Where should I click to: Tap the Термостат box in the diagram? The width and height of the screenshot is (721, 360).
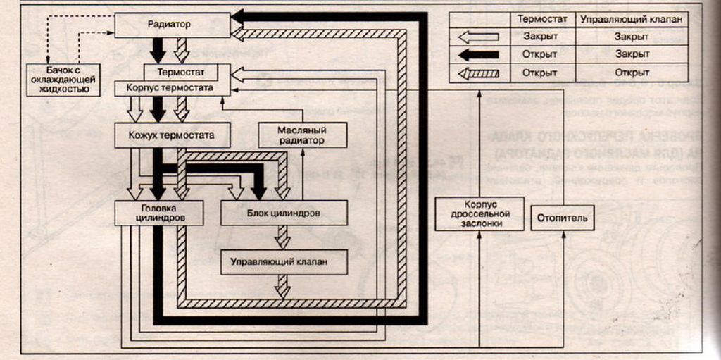(x=187, y=72)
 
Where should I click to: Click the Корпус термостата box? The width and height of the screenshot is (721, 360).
(x=173, y=89)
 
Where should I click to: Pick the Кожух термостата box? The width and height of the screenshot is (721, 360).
(x=173, y=135)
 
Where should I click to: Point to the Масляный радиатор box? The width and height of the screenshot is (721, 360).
(x=303, y=135)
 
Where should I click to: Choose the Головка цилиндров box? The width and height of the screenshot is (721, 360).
(x=159, y=213)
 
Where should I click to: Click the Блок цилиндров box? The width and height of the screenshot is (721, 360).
(x=284, y=213)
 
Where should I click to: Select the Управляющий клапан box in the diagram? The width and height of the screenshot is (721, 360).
(x=284, y=262)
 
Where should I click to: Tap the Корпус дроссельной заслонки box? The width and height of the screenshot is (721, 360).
(x=479, y=213)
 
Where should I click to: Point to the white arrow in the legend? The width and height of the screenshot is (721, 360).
(x=478, y=37)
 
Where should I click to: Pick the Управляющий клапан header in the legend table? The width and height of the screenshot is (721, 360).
(x=632, y=20)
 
